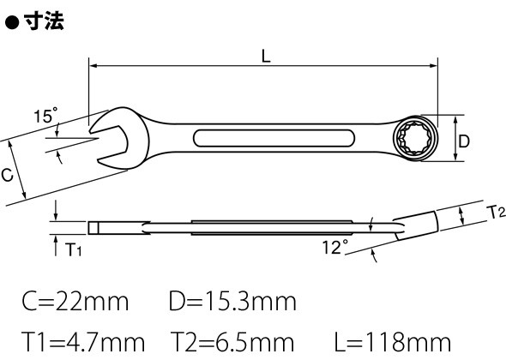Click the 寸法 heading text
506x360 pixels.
(44, 21)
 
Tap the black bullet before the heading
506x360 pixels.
(13, 23)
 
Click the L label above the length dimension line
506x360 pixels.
(266, 56)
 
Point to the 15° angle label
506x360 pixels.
(45, 115)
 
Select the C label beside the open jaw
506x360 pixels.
(7, 175)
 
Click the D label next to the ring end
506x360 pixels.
(464, 141)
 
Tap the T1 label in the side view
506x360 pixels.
(73, 249)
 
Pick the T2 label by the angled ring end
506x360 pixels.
(497, 213)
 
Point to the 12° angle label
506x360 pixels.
(335, 247)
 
